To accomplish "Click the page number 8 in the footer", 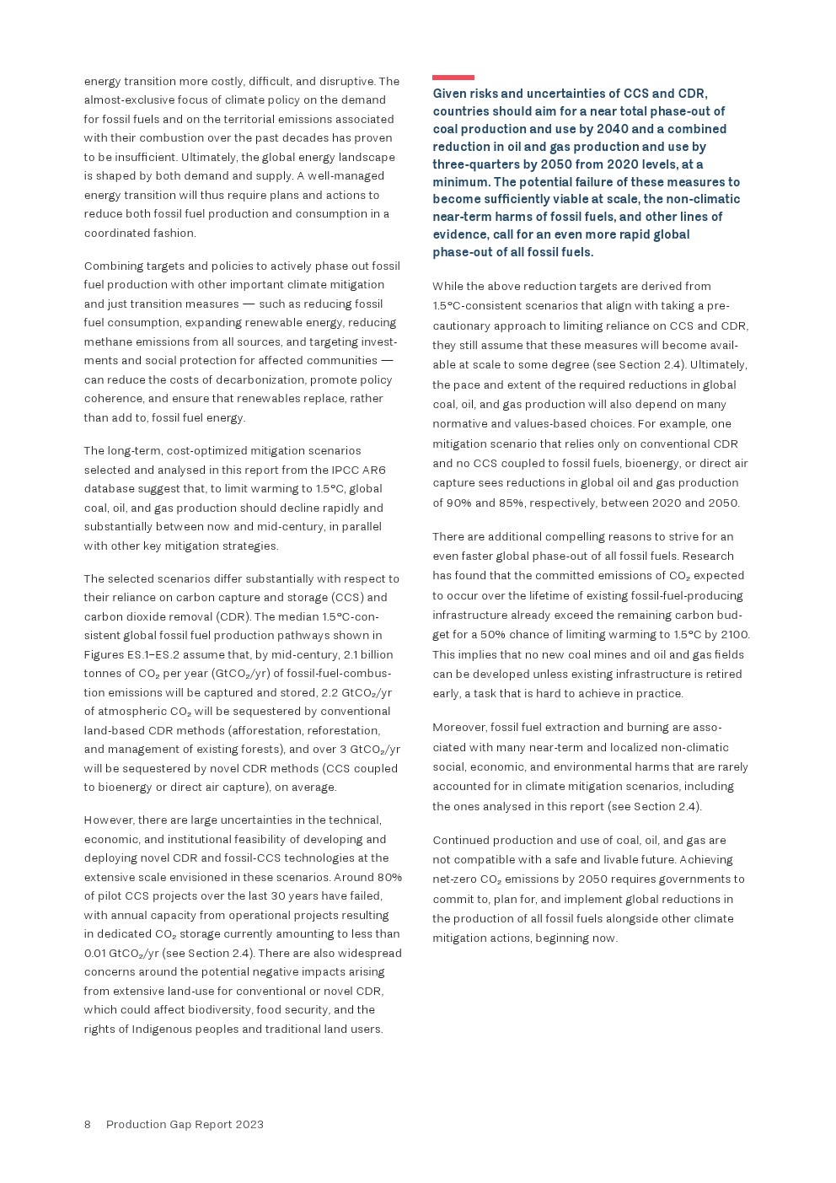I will coord(88,1124).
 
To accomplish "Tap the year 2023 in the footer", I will coord(249,1124).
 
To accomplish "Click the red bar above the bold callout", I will coord(453,78).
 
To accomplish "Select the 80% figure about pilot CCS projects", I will coord(389,877).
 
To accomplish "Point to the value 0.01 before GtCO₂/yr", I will coord(94,953).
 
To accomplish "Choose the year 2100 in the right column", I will coord(733,634).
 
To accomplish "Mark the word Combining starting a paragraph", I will coord(113,266).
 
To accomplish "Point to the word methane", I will coord(107,341).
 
